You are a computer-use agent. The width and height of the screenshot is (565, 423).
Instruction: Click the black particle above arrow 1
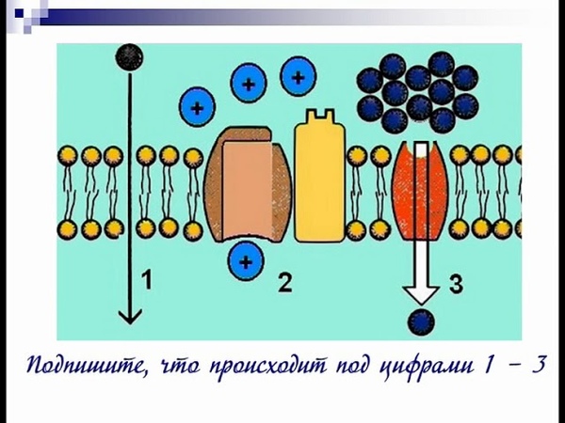(129, 57)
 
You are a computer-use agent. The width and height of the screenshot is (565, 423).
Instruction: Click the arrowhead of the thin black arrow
(130, 316)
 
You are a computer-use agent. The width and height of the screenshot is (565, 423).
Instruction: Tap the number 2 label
(284, 283)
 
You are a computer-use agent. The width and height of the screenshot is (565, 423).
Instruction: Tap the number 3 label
(456, 284)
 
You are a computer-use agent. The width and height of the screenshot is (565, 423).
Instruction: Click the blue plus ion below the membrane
(246, 260)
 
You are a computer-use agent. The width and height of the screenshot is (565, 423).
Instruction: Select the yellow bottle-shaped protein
(320, 177)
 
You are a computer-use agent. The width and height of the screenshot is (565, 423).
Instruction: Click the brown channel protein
(248, 184)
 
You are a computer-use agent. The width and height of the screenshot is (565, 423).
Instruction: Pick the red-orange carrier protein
(421, 191)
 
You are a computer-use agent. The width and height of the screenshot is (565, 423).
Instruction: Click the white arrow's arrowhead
(421, 295)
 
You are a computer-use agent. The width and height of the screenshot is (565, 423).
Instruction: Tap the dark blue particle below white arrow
(421, 321)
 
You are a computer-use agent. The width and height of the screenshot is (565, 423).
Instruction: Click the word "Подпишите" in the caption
(87, 366)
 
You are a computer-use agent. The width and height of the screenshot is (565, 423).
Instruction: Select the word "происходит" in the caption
(267, 366)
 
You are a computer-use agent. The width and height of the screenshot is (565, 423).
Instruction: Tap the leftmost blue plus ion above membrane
(197, 107)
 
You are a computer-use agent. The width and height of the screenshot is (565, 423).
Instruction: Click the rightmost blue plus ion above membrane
(298, 77)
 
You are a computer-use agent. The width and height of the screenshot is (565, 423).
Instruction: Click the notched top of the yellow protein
(320, 116)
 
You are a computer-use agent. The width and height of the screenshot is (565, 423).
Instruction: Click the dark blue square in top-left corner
(19, 14)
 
